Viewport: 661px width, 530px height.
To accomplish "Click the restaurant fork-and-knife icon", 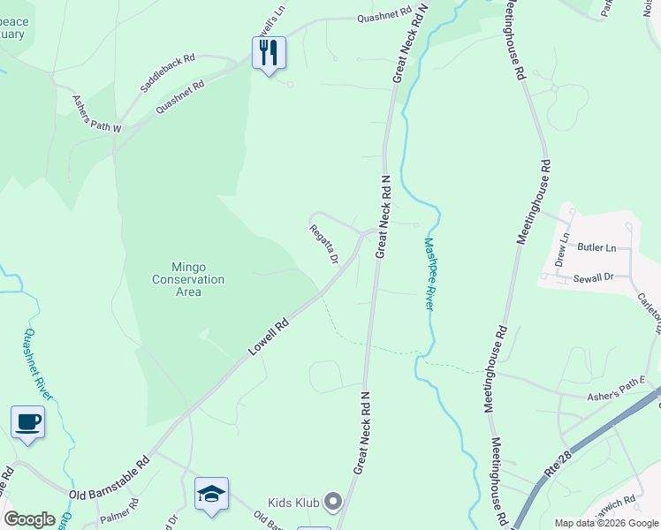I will click(x=269, y=52).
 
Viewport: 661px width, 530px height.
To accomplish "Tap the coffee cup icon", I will click(x=27, y=421).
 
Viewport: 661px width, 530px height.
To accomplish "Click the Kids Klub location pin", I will click(x=333, y=503).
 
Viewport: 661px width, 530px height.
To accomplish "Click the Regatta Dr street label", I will click(x=324, y=244).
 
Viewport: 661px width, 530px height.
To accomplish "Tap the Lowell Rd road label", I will click(x=269, y=337).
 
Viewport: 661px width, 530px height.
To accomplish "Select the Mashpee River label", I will click(x=429, y=273).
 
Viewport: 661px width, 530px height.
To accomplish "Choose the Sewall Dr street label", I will click(x=593, y=276).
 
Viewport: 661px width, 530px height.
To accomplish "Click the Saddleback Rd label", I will click(x=167, y=73).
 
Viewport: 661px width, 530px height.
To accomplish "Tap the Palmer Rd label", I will click(x=119, y=511).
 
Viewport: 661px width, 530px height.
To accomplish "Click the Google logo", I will click(x=29, y=519).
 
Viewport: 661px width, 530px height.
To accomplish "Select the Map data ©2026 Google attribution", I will click(x=606, y=523).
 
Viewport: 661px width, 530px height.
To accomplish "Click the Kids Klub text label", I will click(x=293, y=502).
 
